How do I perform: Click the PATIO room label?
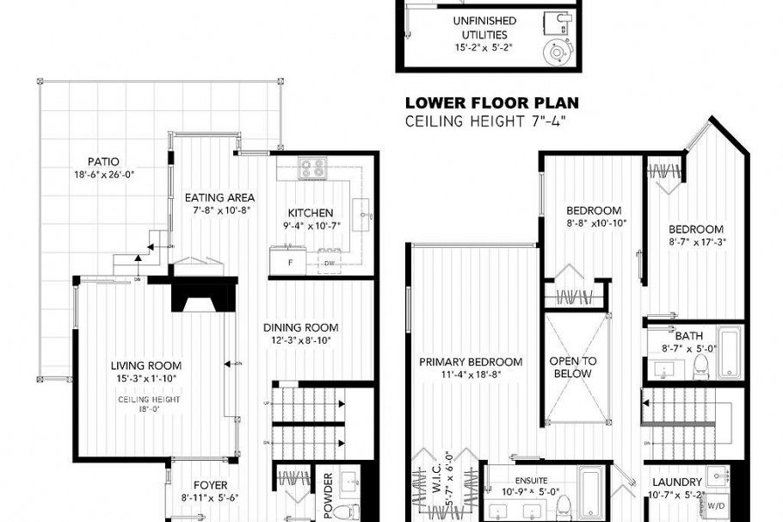pos(103,161)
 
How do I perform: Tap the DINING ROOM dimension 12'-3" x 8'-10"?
pos(300,340)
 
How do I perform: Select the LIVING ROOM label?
pos(145,365)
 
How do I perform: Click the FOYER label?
pos(210,484)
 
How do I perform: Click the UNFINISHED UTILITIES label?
pos(485,28)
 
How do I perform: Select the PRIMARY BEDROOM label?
pos(471,362)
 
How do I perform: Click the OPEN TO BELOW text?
pos(572,367)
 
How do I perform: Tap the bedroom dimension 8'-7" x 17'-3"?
pos(696,243)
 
